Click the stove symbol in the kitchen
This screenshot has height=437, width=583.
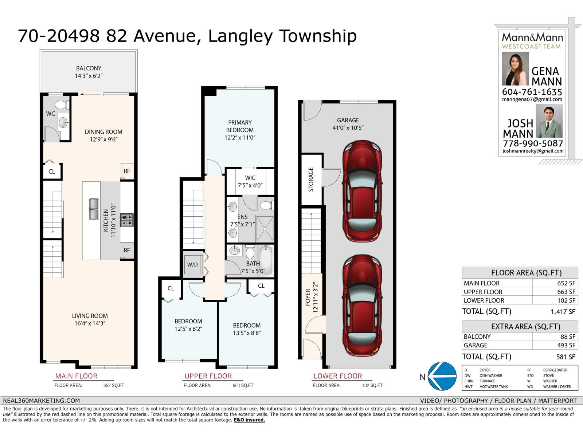tap(127, 220)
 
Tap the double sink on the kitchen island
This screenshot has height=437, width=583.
tap(94, 209)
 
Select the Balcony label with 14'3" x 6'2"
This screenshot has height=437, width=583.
tap(89, 72)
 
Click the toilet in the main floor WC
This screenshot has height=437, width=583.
tap(62, 105)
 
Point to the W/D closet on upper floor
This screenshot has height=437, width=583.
tap(192, 264)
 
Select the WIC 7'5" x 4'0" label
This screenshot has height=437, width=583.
tap(250, 181)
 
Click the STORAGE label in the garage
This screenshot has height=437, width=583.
tap(311, 180)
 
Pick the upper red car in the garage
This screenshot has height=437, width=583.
tap(362, 192)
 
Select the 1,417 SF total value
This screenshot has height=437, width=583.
tap(563, 312)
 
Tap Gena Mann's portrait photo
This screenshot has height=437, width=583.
tap(515, 69)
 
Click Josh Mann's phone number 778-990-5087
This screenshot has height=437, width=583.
tap(533, 143)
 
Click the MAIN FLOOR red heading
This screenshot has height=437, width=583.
tap(76, 376)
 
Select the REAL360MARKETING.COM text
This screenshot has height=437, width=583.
tap(41, 401)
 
